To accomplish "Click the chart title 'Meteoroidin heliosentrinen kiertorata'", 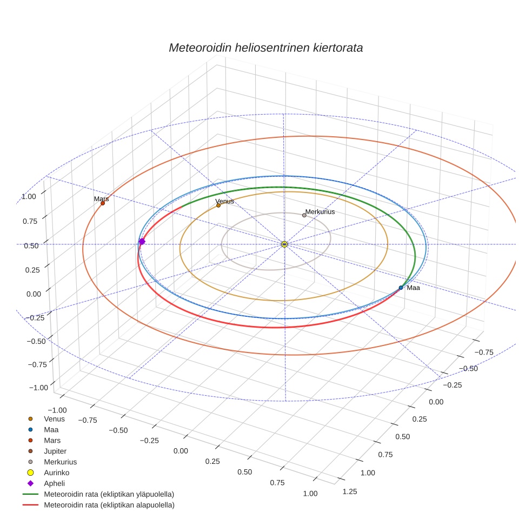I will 265,48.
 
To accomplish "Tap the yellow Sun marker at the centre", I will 284,244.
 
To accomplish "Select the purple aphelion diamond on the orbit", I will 142,242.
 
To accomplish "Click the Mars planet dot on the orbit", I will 103,203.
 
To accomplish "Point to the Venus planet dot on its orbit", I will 218,205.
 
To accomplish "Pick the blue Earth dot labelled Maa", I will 401,288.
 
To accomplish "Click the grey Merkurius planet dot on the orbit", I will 304,215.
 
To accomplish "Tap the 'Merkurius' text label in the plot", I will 320,212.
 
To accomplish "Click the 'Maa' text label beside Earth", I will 413,288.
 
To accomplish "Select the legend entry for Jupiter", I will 55,451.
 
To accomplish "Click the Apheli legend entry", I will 54,484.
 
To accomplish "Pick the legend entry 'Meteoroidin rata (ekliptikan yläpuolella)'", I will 109,495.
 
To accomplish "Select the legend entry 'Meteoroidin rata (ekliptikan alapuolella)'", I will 109,506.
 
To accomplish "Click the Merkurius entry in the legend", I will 60,462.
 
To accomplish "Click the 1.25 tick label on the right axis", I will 350,491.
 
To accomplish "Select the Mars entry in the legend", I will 52,441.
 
